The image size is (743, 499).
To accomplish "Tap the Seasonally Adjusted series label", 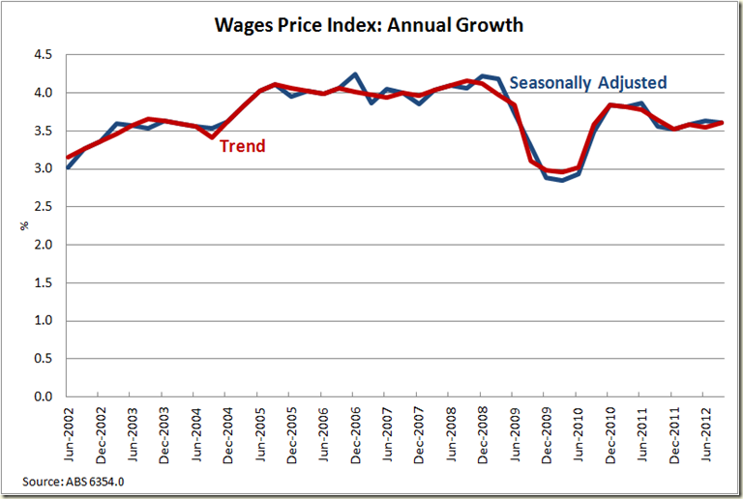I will click(588, 83).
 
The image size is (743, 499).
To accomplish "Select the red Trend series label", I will click(242, 146).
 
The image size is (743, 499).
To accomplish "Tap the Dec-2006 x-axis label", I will click(355, 435).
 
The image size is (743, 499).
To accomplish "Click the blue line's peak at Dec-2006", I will click(355, 74).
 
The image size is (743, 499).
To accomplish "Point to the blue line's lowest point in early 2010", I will click(561, 181).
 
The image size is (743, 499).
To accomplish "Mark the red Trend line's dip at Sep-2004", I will click(212, 137).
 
